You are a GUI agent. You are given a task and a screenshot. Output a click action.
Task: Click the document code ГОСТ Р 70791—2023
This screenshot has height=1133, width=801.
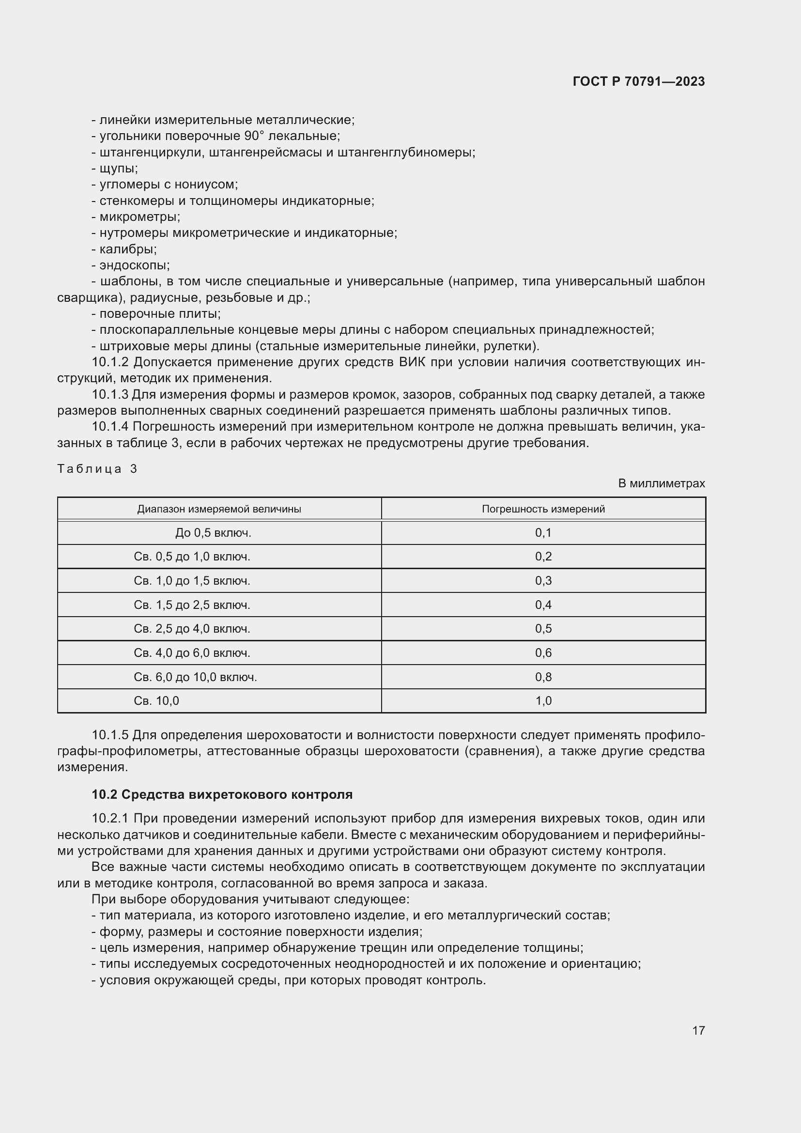[639, 82]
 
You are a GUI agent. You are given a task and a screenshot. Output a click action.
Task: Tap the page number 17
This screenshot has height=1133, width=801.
[698, 1030]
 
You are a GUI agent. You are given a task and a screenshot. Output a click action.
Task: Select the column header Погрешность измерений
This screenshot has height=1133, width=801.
[543, 509]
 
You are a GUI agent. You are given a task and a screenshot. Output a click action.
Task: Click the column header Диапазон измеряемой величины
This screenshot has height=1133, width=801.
[219, 509]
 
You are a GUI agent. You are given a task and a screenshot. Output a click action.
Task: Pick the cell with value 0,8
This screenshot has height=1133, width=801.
[543, 677]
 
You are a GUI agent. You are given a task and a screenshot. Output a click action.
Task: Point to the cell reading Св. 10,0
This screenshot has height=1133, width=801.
[156, 701]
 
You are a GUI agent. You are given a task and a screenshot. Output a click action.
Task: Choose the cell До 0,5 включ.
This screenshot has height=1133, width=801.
[213, 533]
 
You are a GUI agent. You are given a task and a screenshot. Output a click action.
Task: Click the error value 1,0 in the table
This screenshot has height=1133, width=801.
[543, 701]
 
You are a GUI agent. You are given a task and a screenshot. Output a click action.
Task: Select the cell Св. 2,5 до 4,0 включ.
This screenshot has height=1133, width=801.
[192, 629]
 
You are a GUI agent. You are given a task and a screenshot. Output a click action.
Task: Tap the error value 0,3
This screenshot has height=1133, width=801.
[543, 581]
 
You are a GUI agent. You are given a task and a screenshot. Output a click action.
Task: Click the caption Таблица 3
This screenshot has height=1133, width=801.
[97, 469]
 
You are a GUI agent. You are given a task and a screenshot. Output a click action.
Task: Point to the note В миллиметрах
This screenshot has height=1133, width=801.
[662, 483]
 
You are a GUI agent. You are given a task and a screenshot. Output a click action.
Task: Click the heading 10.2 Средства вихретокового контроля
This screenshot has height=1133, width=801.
[222, 794]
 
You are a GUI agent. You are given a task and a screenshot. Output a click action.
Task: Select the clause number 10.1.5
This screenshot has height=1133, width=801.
[110, 735]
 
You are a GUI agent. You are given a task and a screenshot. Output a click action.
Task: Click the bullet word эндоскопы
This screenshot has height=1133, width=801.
[134, 265]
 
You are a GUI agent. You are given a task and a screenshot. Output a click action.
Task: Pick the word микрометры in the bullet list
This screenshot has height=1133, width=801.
[139, 217]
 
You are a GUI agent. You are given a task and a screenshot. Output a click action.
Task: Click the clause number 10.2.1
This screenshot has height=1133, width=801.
[110, 819]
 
